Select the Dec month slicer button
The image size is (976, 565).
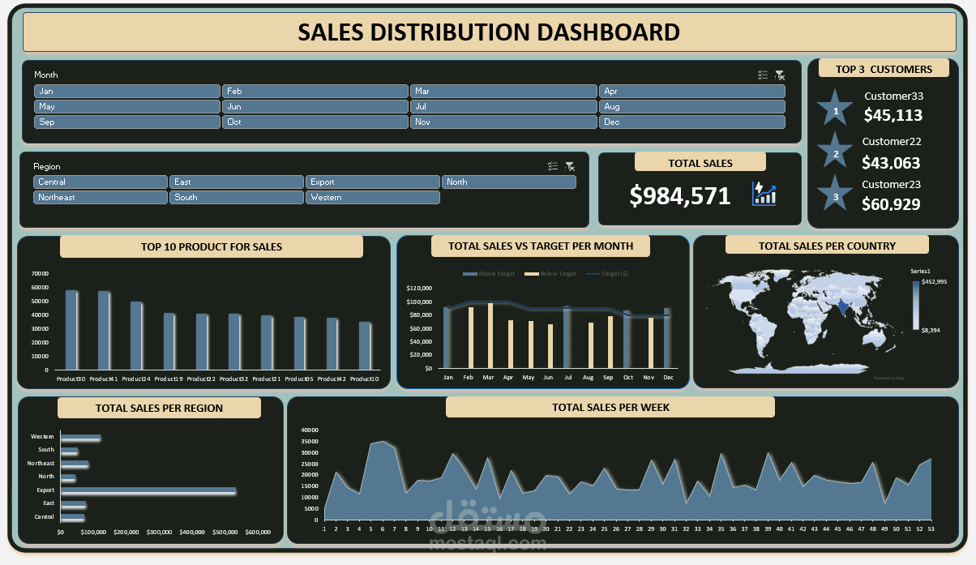coord(691,122)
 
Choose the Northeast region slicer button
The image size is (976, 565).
coord(100,197)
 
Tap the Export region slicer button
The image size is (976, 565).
coord(372,182)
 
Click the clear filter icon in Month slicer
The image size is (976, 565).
coord(780,75)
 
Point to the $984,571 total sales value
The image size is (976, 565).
coord(680,195)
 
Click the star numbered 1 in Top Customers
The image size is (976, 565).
coord(836,109)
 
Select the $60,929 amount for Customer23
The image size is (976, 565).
coord(891,204)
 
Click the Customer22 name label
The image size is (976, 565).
coord(891,141)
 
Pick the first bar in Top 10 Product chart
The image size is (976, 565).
coord(71,329)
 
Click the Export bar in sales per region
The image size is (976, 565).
coord(148,490)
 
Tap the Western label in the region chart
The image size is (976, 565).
coord(42,437)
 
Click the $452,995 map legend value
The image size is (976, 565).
coord(935,281)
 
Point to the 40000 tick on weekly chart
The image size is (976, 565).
coord(310,430)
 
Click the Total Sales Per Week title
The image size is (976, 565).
coord(610,407)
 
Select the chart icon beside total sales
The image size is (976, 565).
coord(764,194)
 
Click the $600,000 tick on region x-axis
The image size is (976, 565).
coord(257,533)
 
